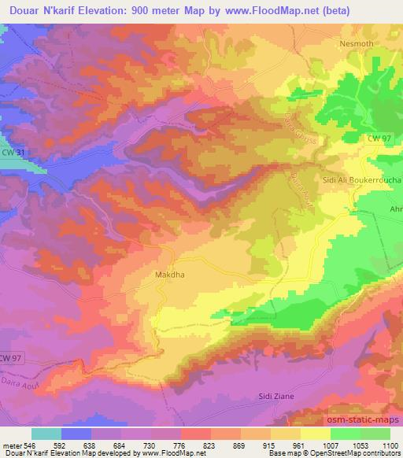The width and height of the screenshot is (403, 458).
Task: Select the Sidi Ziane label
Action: pyautogui.click(x=275, y=396)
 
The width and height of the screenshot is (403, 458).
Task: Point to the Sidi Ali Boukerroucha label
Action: pyautogui.click(x=363, y=180)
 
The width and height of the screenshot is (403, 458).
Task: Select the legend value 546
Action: pyautogui.click(x=30, y=445)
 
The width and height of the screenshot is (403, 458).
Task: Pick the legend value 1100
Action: pyautogui.click(x=391, y=445)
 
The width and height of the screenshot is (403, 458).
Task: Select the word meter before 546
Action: pyautogui.click(x=11, y=445)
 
